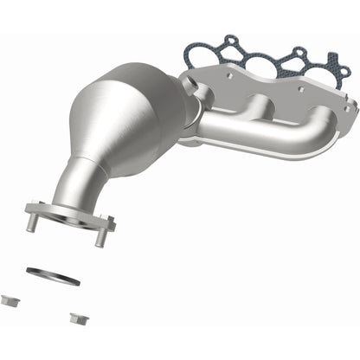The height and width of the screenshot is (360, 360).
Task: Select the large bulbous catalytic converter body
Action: coord(138,112)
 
